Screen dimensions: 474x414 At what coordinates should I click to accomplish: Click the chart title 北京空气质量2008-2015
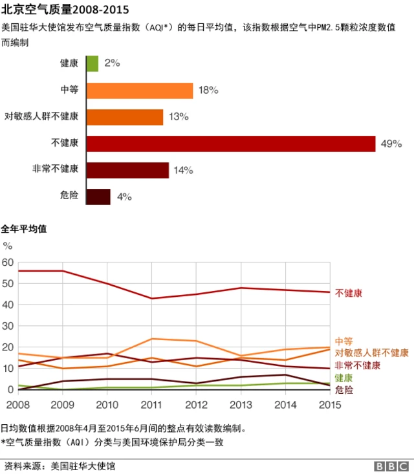pyautogui.click(x=65, y=10)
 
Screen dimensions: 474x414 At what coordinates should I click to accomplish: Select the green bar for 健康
pyautogui.click(x=92, y=63)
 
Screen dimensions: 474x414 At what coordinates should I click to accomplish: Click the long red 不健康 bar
pyautogui.click(x=230, y=144)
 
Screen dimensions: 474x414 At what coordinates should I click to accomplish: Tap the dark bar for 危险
pyautogui.click(x=98, y=197)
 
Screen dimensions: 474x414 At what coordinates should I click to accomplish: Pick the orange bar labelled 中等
pyautogui.click(x=139, y=91)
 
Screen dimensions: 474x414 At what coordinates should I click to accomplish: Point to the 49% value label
pyautogui.click(x=391, y=144)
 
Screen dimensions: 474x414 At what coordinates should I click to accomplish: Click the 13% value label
pyautogui.click(x=179, y=117)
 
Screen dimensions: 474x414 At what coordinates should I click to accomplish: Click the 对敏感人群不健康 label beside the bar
pyautogui.click(x=41, y=116)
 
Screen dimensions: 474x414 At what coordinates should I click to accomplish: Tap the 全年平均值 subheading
pyautogui.click(x=23, y=229)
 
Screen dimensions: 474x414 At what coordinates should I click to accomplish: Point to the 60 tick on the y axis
pyautogui.click(x=8, y=262)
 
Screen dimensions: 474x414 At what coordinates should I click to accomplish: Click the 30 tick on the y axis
pyautogui.click(x=8, y=326)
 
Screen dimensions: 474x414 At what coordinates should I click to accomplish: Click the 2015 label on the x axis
pyautogui.click(x=330, y=404)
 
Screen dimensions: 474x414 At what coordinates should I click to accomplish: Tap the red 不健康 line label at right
pyautogui.click(x=349, y=293)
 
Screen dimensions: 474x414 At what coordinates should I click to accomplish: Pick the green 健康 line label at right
pyautogui.click(x=343, y=378)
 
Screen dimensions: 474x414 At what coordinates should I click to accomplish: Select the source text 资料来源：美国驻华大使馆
pyautogui.click(x=50, y=466)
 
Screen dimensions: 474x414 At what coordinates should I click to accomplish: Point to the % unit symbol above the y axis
pyautogui.click(x=8, y=246)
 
